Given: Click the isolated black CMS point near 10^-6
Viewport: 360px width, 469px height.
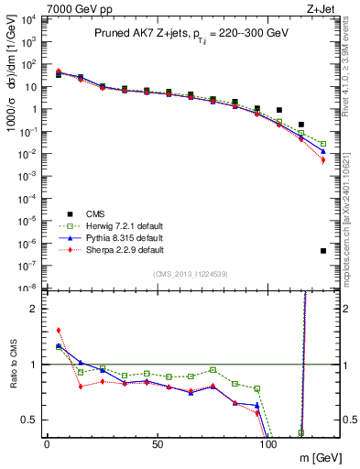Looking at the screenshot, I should tap(323, 251).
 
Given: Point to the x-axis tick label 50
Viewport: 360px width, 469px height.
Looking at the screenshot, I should tap(158, 444).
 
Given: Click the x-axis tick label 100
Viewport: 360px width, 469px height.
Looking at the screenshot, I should tap(268, 444).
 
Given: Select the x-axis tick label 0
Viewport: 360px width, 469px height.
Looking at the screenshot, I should tap(47, 444).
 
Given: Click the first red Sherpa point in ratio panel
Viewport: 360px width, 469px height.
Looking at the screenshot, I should tap(59, 331).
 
